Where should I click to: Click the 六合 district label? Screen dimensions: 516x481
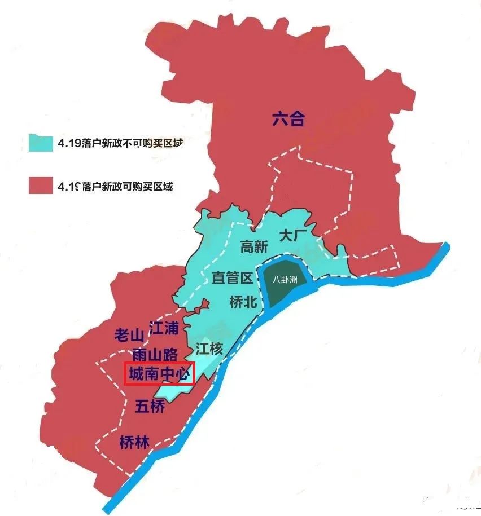[288, 120]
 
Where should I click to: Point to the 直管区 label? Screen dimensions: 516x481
[232, 278]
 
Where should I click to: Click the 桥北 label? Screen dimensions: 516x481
[243, 302]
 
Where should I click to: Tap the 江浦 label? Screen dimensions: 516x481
[164, 327]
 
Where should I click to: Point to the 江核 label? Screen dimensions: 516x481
[209, 349]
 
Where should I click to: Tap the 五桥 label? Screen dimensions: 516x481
[151, 406]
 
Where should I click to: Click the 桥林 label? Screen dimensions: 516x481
[135, 443]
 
